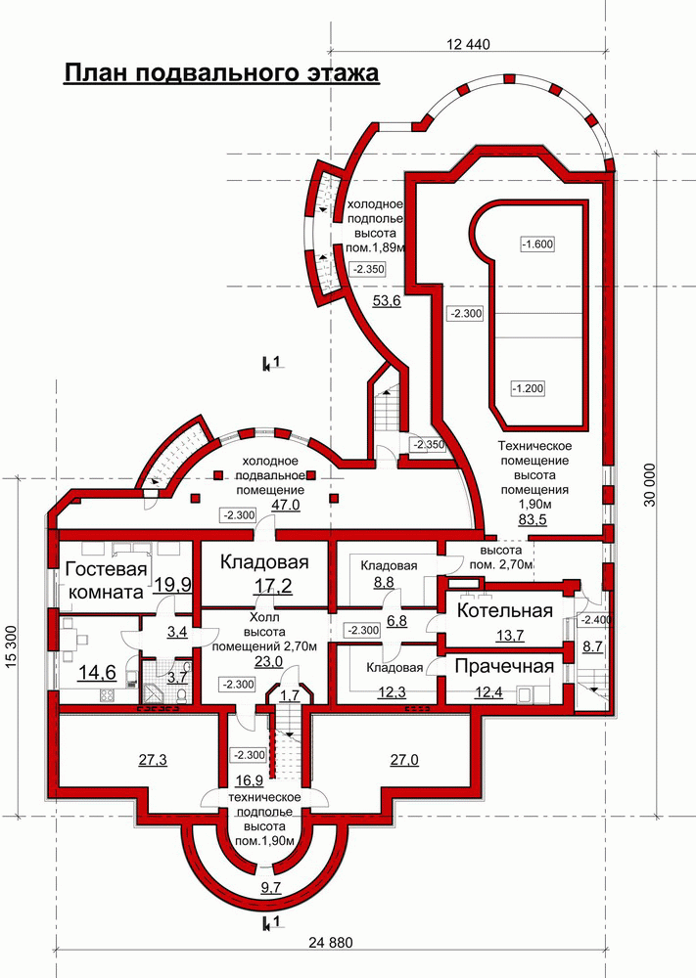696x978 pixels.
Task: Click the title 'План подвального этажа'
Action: pos(221,73)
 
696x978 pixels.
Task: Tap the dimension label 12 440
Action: pos(469,44)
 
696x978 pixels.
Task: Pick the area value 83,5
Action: pos(533,519)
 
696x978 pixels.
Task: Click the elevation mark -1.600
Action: pos(537,244)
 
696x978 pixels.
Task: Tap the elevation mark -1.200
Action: pos(528,388)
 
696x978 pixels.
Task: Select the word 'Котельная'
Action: pos(504,610)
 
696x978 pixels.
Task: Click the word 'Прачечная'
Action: pos(504,666)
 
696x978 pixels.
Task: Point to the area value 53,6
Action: pos(387,301)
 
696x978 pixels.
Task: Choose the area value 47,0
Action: pos(285,506)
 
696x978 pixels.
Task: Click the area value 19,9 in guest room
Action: pos(173,585)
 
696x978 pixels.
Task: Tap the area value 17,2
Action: pos(273,586)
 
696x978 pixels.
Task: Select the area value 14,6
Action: pos(97,673)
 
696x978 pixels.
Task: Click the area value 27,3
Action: pos(153,760)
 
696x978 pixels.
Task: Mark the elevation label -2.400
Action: pos(597,621)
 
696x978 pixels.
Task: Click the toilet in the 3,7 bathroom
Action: pos(182,693)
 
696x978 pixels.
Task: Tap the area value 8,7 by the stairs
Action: pos(592,646)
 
